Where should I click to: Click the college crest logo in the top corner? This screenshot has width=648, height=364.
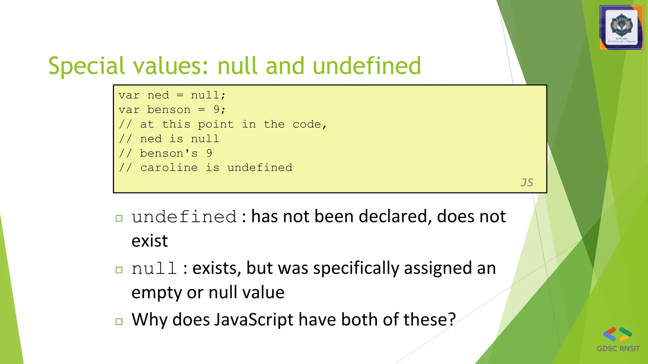[x=621, y=28]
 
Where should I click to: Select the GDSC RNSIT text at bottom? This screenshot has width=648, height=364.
[x=618, y=349]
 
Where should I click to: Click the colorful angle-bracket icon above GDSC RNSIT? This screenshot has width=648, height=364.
[x=617, y=334]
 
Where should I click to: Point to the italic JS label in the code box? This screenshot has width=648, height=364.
[x=527, y=182]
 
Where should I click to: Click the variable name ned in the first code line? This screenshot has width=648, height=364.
[x=158, y=95]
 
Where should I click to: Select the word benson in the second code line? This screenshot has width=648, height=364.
[x=169, y=110]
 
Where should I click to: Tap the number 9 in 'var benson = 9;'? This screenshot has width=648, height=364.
[x=216, y=110]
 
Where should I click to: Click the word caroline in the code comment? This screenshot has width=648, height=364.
[x=169, y=167]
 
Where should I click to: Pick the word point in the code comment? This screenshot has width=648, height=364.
[x=216, y=124]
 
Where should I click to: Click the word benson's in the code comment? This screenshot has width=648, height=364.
[x=169, y=153]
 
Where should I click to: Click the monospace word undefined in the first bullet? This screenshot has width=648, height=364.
[x=184, y=217]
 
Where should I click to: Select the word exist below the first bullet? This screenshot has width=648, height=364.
[x=149, y=241]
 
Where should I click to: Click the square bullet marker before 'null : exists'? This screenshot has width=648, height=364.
[x=119, y=270]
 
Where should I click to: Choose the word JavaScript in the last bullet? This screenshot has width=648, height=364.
[x=254, y=320]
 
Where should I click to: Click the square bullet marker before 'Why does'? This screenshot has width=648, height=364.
[x=119, y=322]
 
